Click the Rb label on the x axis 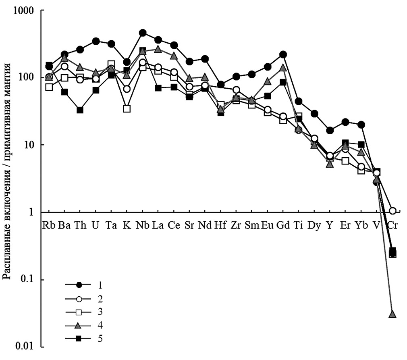pyautogui.click(x=49, y=225)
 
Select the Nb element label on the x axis pyautogui.click(x=142, y=225)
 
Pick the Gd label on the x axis pyautogui.click(x=282, y=225)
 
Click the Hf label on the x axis pyautogui.click(x=220, y=225)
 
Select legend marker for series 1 pyautogui.click(x=79, y=285)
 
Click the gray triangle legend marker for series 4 pyautogui.click(x=79, y=325)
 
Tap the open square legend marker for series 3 pyautogui.click(x=79, y=312)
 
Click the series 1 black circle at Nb pyautogui.click(x=142, y=33)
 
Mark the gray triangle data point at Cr pyautogui.click(x=392, y=314)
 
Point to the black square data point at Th pyautogui.click(x=80, y=110)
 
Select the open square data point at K pyautogui.click(x=127, y=108)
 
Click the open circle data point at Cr pyautogui.click(x=392, y=210)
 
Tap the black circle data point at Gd pyautogui.click(x=282, y=54)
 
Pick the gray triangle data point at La pyautogui.click(x=158, y=49)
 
